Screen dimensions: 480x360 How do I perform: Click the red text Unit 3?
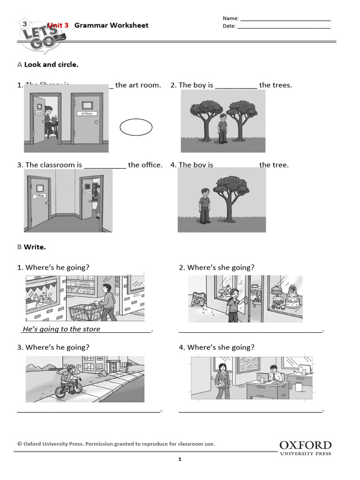coord(58,25)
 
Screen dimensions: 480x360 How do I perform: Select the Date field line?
coord(284,28)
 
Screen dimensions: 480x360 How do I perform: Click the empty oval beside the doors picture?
coord(136,127)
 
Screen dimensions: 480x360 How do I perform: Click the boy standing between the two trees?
coord(222,127)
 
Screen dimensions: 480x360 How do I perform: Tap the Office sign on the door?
coord(40,195)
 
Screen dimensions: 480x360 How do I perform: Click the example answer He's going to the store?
coord(61,329)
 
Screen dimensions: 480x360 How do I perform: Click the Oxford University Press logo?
coord(305,448)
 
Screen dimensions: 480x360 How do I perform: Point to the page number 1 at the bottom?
coord(180,459)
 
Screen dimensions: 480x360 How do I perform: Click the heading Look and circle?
coord(51,65)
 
